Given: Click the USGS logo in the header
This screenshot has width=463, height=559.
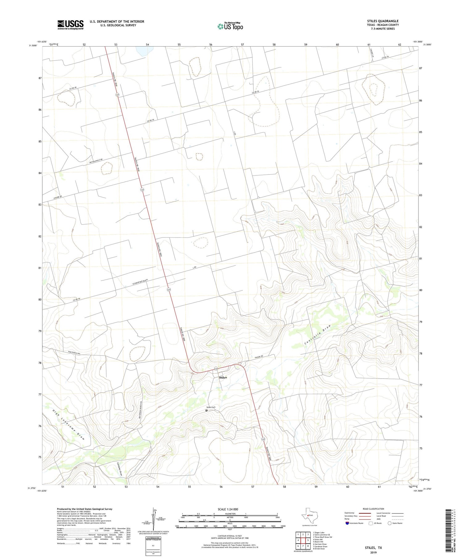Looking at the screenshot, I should (70, 25).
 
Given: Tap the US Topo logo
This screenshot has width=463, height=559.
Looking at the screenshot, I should (230, 27).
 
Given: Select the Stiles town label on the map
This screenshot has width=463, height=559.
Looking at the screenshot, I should (223, 377).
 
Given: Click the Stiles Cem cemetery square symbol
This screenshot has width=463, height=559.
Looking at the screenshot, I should (206, 410).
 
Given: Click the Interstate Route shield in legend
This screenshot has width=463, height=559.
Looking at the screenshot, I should (348, 523).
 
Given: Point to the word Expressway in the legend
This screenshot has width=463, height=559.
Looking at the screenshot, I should (350, 513).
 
